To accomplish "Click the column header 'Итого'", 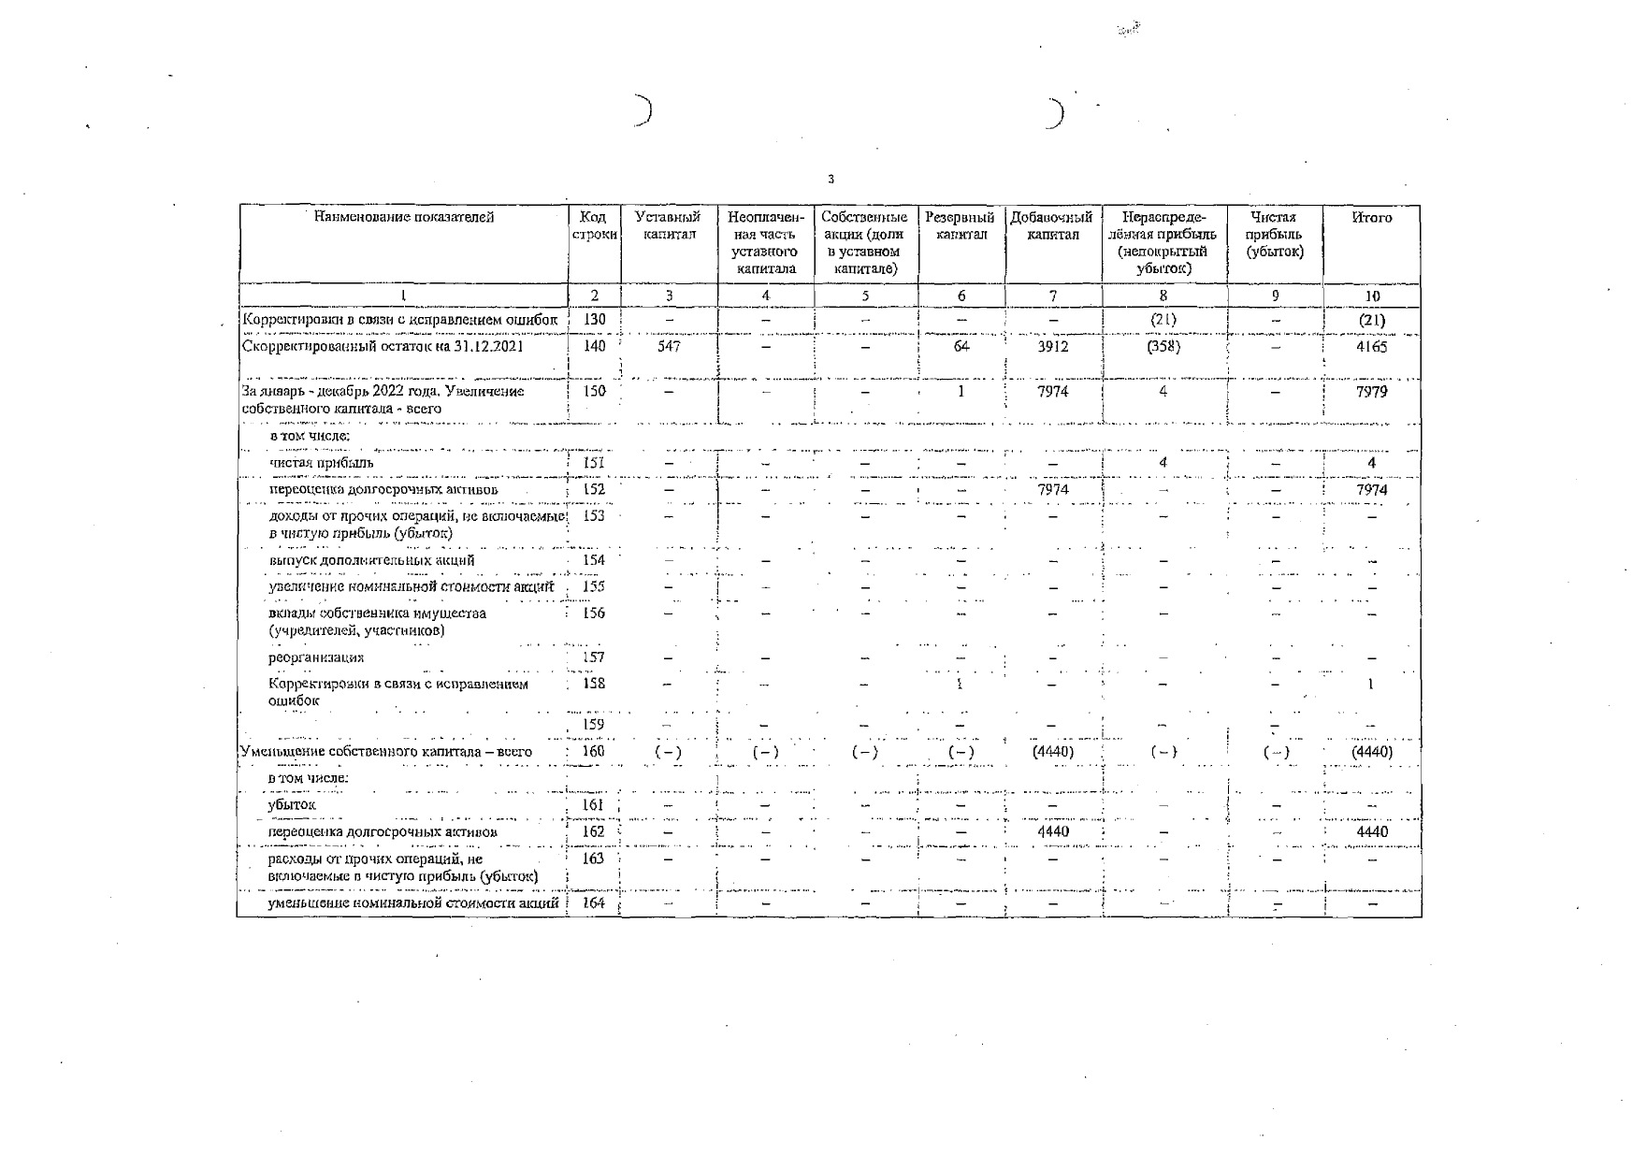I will click(1371, 218).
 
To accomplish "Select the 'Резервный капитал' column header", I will click(960, 226).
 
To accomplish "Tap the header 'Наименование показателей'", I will click(403, 218).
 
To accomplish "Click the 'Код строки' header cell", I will click(594, 226).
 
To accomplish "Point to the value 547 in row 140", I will click(669, 346).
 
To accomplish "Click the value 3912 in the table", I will click(1053, 346).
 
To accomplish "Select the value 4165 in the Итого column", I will click(1371, 347).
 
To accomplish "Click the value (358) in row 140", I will click(1163, 346).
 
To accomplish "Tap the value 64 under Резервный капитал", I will click(961, 346).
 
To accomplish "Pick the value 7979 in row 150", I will click(1371, 392).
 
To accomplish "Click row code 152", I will click(594, 489).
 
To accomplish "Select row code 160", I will click(594, 751).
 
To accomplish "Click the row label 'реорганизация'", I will click(315, 657).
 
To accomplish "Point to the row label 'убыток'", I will click(292, 804).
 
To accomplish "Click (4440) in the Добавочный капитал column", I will click(1053, 752).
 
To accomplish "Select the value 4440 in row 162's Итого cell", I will click(1371, 831).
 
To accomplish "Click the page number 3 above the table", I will click(831, 180).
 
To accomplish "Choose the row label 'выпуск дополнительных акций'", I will click(370, 561).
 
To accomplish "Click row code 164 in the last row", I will click(594, 903).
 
